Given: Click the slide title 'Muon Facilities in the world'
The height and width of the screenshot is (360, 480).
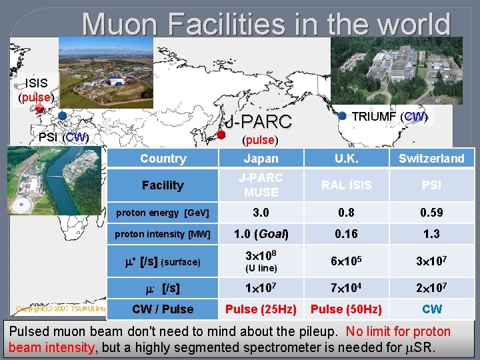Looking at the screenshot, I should coord(267,25).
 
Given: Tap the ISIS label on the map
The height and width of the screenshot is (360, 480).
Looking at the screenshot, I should coord(36,83).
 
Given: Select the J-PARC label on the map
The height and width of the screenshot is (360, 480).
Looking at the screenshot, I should coord(259,122).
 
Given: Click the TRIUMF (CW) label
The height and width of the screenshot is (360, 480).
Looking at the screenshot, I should coord(389,117).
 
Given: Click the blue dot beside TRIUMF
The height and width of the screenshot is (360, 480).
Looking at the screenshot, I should coord(343,115).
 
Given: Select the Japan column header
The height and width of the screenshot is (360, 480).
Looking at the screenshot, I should coord(261,159).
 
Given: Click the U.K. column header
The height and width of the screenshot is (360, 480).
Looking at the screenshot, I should coord(346,159).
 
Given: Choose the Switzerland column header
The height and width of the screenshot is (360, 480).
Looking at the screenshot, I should coord(431,159).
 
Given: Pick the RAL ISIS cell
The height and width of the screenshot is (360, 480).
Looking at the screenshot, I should coord(346,185).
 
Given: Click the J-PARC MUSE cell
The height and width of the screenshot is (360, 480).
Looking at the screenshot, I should coord(261,185).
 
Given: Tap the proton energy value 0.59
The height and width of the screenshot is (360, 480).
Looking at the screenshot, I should coord(431,213).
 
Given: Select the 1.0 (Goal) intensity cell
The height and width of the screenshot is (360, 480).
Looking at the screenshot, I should coord(261,234).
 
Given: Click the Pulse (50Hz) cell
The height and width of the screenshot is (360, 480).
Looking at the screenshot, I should coord(346,309).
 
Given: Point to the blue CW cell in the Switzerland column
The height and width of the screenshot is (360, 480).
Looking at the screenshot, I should coord(431,309).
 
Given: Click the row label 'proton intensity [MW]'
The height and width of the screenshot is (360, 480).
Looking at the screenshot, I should coord(163,234).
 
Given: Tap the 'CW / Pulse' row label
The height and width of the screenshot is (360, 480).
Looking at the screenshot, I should coord(163,309).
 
